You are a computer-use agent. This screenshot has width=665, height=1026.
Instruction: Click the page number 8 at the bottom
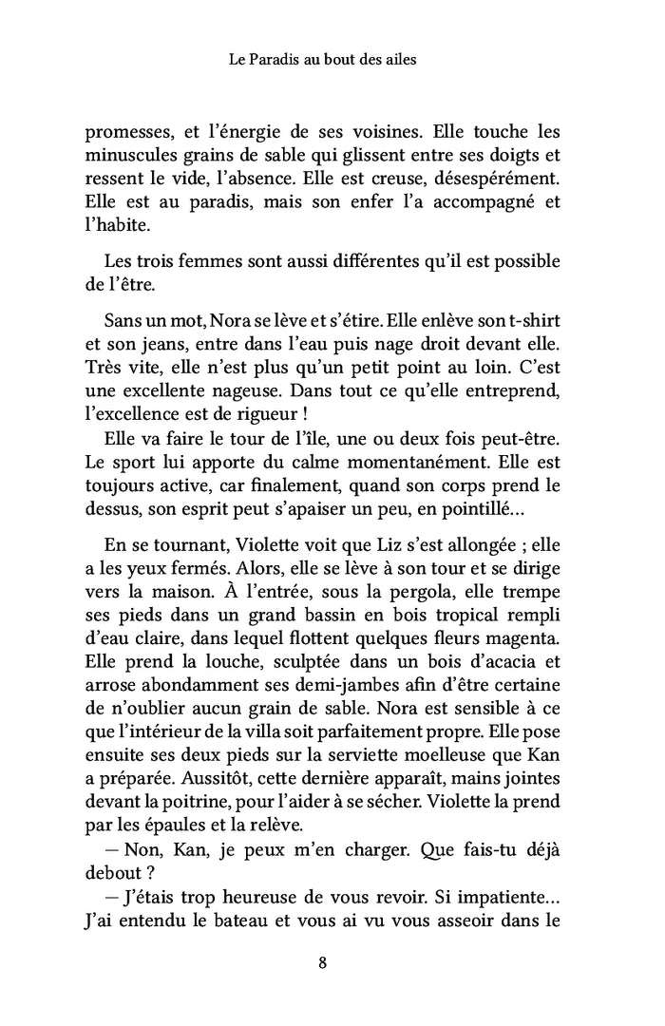pos(323,962)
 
